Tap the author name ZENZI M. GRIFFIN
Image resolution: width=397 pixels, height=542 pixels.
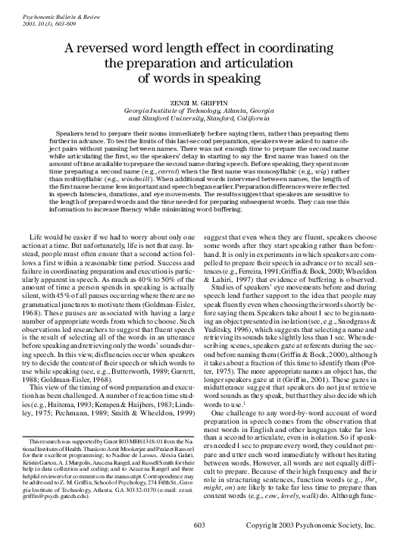198,102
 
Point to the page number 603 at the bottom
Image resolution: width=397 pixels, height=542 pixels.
198,526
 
